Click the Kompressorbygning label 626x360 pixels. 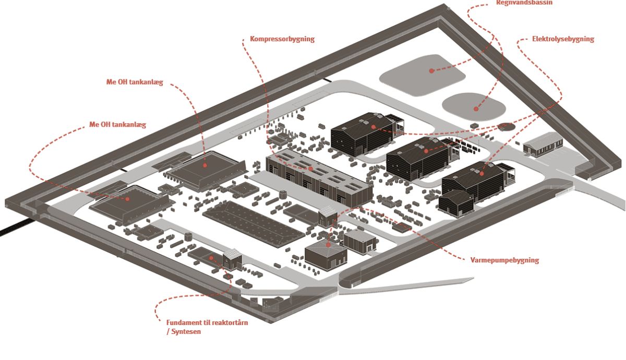[x=282, y=39]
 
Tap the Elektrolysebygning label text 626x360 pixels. [x=563, y=39]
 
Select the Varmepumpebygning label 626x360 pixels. [x=504, y=260]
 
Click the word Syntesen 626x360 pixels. [x=186, y=332]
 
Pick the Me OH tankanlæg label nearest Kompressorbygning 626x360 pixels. [x=134, y=82]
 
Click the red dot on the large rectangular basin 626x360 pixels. [x=431, y=70]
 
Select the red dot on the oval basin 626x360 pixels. [x=476, y=109]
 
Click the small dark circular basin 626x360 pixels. [x=505, y=126]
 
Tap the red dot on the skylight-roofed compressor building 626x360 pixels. [x=310, y=169]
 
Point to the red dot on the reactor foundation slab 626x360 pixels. [x=211, y=258]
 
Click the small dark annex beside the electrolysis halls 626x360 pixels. [x=455, y=202]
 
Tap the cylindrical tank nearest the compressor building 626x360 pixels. [x=283, y=194]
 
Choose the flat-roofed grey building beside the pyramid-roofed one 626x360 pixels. [x=360, y=241]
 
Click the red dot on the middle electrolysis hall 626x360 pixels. [x=426, y=151]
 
